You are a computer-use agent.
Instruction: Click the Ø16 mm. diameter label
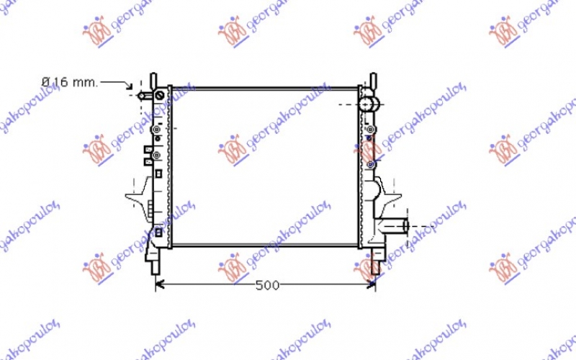[69, 82]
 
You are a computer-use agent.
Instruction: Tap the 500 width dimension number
[266, 285]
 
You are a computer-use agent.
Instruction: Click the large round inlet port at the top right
[369, 103]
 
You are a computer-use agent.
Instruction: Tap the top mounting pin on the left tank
[153, 78]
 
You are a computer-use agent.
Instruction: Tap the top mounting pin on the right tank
[373, 78]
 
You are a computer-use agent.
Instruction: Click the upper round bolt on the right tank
[370, 130]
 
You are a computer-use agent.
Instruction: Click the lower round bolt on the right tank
[370, 164]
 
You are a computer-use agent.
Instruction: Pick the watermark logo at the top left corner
[96, 30]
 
